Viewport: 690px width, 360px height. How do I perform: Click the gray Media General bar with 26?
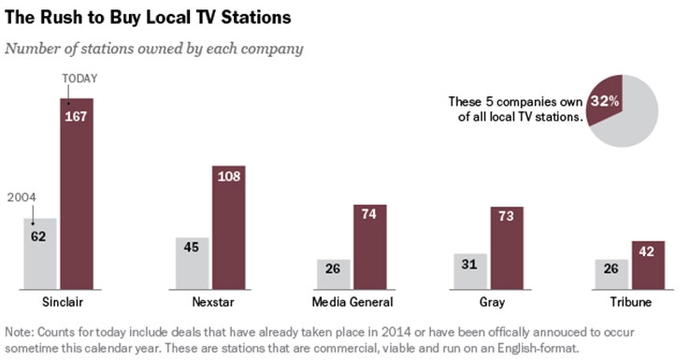(x=333, y=274)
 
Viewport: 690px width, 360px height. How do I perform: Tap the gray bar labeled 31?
(x=470, y=271)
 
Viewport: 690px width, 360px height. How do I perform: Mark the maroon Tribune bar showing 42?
(x=649, y=265)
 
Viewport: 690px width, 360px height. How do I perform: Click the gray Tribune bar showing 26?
(x=612, y=274)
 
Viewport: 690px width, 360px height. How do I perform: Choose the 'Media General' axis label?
(x=352, y=303)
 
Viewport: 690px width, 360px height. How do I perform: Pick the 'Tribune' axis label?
(x=631, y=303)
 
